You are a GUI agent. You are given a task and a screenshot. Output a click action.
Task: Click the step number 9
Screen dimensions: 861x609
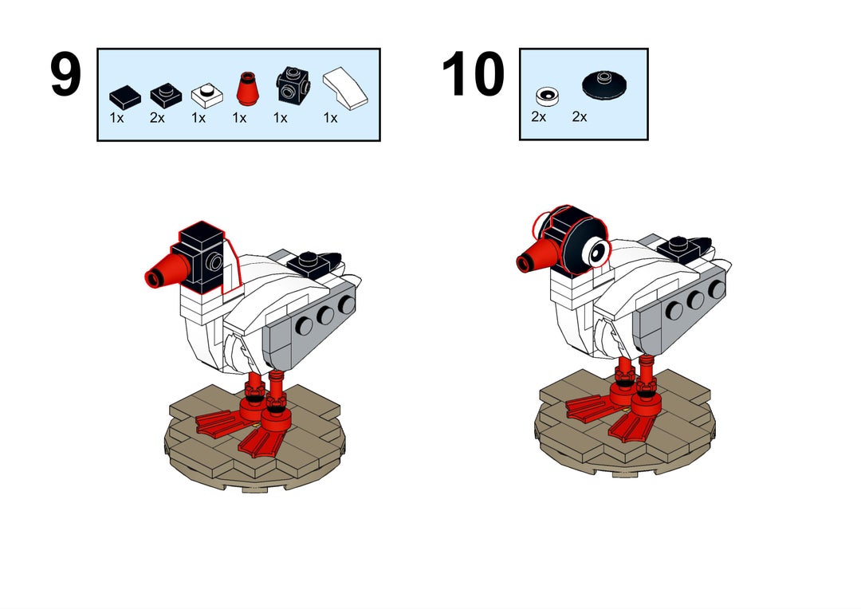click(65, 75)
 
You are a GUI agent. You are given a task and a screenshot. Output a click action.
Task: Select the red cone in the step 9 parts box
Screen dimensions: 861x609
click(248, 88)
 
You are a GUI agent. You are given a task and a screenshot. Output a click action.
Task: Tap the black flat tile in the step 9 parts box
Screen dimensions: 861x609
click(125, 97)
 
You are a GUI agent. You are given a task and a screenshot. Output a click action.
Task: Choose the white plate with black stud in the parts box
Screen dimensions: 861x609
click(207, 95)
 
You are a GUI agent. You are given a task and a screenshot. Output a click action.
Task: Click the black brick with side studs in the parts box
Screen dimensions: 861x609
click(293, 85)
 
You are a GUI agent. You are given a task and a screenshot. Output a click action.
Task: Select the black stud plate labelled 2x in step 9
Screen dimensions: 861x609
click(166, 95)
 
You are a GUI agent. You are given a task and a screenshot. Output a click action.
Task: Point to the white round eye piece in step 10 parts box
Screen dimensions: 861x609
click(548, 96)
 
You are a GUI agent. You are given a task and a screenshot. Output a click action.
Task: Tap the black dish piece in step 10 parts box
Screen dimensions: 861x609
click(604, 85)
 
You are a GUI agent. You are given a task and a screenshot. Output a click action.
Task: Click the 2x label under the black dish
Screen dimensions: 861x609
click(580, 116)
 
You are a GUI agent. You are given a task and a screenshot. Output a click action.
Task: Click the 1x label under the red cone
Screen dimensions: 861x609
click(239, 117)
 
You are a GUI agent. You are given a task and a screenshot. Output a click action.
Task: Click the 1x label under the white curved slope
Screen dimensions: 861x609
click(331, 117)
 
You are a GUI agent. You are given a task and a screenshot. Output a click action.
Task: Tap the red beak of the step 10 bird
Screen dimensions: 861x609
click(537, 254)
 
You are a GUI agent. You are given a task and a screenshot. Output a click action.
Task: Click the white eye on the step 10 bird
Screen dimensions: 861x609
click(597, 252)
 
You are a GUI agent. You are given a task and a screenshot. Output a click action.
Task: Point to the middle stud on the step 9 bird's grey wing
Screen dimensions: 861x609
click(325, 315)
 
